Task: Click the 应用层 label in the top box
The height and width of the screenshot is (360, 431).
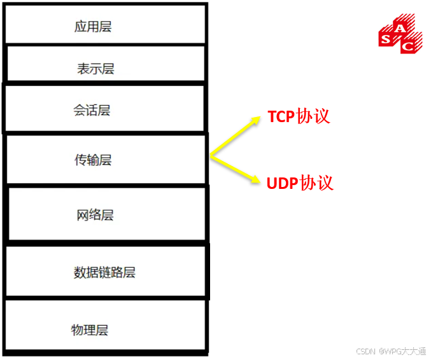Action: (x=93, y=27)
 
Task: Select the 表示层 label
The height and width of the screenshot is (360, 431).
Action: (x=95, y=69)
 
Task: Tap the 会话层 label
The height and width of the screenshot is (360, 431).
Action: (x=92, y=110)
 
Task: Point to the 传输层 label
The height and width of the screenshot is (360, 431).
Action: (x=93, y=160)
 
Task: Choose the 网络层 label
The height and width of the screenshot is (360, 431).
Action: (x=95, y=215)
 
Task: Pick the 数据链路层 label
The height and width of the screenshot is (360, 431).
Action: (x=104, y=273)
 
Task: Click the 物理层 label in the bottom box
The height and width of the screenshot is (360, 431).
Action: (x=89, y=330)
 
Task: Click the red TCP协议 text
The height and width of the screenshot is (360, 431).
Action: (x=299, y=116)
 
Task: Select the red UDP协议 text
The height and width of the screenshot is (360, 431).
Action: (x=300, y=183)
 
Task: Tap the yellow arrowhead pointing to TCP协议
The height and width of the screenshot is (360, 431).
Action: (x=256, y=120)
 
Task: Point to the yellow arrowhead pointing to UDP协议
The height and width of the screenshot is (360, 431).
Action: (x=256, y=180)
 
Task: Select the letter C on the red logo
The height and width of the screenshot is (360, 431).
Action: (x=411, y=45)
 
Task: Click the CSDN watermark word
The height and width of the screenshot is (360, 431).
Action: (x=365, y=351)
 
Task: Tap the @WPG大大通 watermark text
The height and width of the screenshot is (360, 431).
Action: (x=402, y=351)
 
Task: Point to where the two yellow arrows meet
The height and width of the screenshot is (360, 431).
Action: (x=211, y=155)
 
